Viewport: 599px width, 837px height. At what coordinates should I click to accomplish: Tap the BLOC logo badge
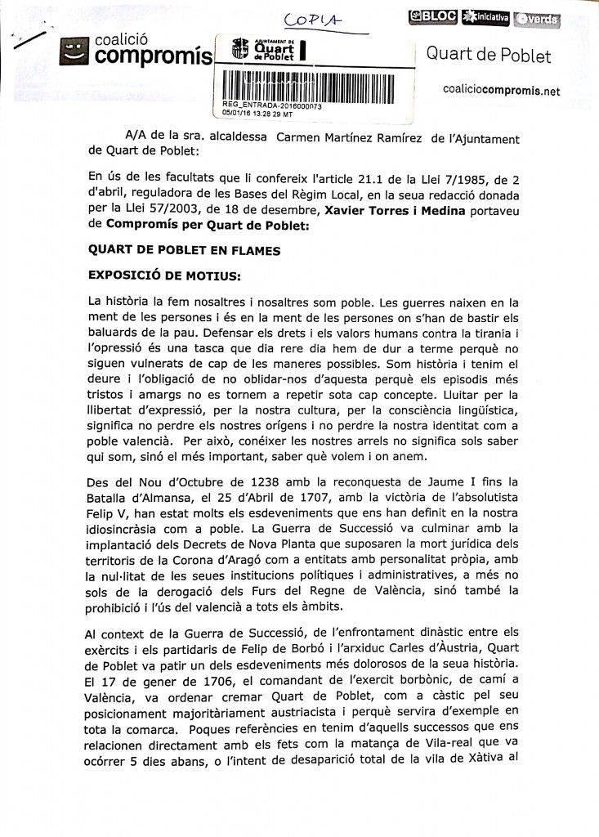point(434,16)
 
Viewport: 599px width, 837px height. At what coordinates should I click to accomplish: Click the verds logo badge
point(539,16)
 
